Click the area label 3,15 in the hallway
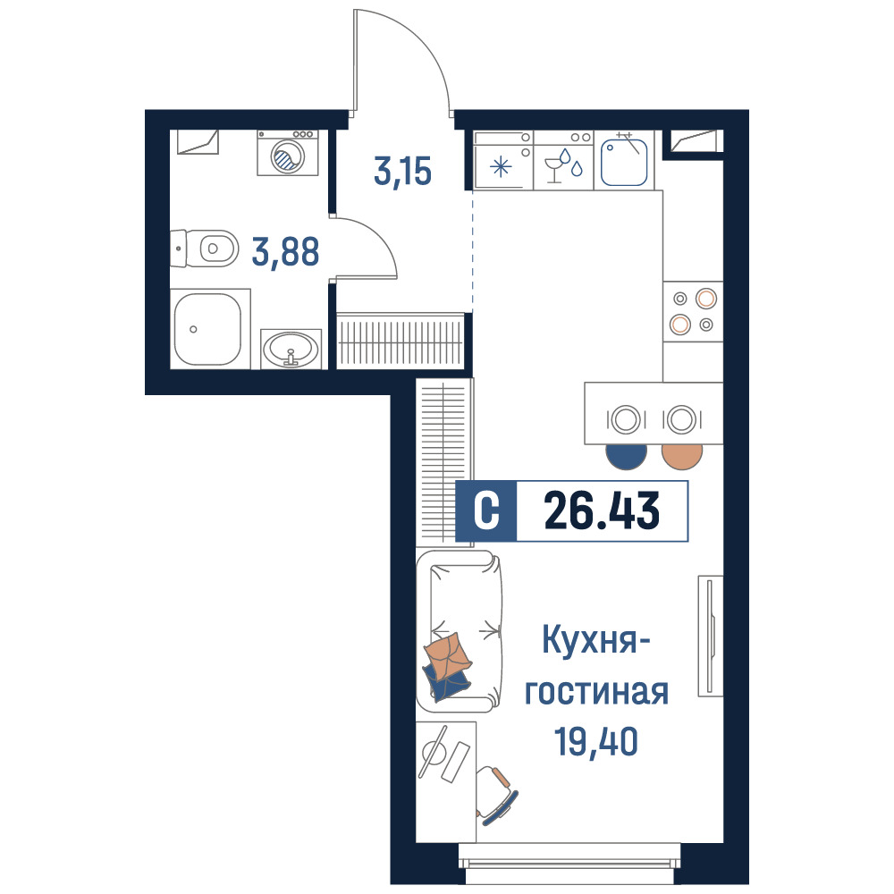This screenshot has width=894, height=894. pyautogui.click(x=402, y=171)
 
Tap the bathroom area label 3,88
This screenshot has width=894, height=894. pyautogui.click(x=286, y=252)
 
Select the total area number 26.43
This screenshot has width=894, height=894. pyautogui.click(x=602, y=510)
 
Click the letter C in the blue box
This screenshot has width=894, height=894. pyautogui.click(x=486, y=510)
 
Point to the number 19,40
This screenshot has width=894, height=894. pyautogui.click(x=595, y=741)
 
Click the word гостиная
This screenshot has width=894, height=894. pyautogui.click(x=596, y=692)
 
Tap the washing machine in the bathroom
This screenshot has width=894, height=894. pyautogui.click(x=287, y=153)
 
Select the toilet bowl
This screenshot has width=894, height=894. pyautogui.click(x=205, y=249)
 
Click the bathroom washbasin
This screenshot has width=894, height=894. pyautogui.click(x=291, y=349)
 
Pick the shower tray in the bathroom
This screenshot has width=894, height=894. pyautogui.click(x=210, y=329)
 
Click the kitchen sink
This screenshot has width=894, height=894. pyautogui.click(x=624, y=161)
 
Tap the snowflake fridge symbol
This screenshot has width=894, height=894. pyautogui.click(x=502, y=167)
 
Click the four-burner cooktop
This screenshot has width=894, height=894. pyautogui.click(x=693, y=311)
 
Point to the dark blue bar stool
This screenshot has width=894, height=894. pyautogui.click(x=626, y=457)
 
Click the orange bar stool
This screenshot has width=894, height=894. pyautogui.click(x=682, y=457)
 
